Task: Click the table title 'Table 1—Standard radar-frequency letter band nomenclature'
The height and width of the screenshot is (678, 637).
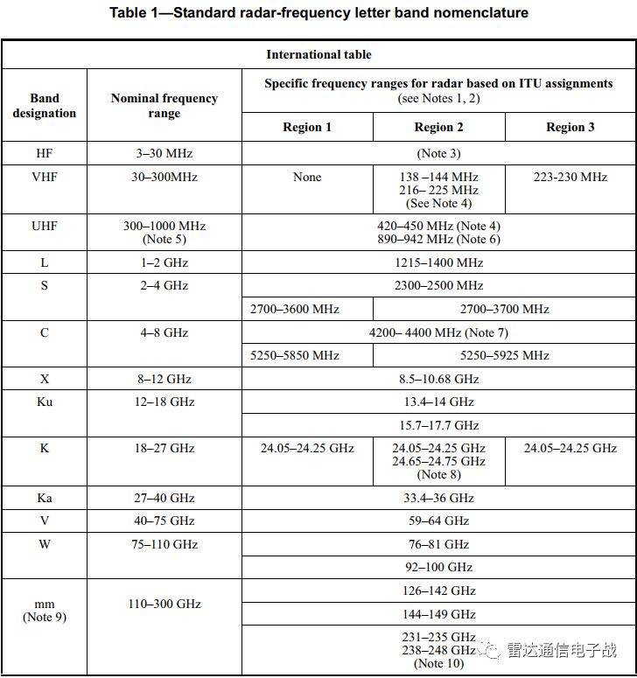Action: pos(318,13)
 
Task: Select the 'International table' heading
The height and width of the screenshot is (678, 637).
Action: pos(318,54)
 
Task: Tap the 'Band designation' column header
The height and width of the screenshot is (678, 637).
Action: pos(45,105)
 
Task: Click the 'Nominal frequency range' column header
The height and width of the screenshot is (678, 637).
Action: pos(164,105)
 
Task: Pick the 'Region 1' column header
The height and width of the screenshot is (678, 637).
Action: pos(307,127)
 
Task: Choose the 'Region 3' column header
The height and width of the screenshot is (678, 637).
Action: pos(570,127)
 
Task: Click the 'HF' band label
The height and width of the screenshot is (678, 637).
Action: pos(45,153)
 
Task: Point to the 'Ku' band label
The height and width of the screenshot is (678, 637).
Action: pos(45,402)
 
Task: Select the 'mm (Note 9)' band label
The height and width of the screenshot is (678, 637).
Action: pos(45,611)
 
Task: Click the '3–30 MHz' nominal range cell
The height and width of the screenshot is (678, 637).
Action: pos(164,153)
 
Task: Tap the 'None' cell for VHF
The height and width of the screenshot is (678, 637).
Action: pos(307,177)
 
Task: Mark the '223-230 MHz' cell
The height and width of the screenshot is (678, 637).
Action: pos(570,177)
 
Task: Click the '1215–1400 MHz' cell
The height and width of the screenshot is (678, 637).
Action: pos(438,262)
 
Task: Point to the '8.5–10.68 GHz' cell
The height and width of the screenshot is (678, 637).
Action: pos(438,379)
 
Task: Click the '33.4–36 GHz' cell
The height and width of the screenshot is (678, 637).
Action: pos(438,498)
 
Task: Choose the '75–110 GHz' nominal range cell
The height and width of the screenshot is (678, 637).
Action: pos(164,544)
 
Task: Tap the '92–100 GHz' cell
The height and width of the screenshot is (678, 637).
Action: pos(438,567)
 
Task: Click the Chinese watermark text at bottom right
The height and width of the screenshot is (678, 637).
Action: pos(560,650)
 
